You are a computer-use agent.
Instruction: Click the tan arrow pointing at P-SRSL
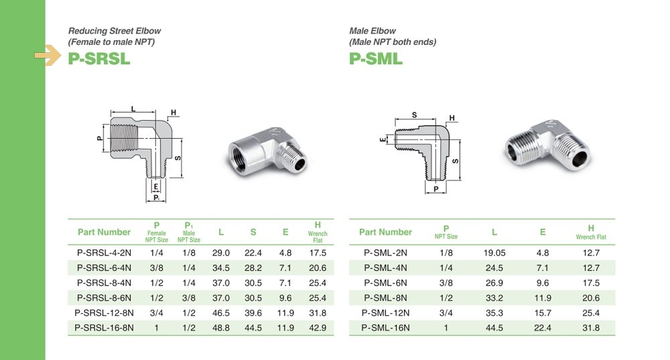[48, 55]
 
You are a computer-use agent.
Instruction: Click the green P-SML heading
[376, 58]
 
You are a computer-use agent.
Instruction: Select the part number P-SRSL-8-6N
[105, 298]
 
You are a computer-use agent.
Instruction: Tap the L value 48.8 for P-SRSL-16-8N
[221, 328]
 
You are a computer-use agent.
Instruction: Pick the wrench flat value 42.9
[318, 328]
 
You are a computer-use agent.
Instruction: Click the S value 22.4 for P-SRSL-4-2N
[253, 253]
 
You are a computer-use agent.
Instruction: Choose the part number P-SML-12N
[385, 312]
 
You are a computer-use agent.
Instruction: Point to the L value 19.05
[494, 253]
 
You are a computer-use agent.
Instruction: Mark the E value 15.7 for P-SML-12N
[543, 312]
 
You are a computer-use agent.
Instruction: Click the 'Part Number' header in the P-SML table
[385, 232]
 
